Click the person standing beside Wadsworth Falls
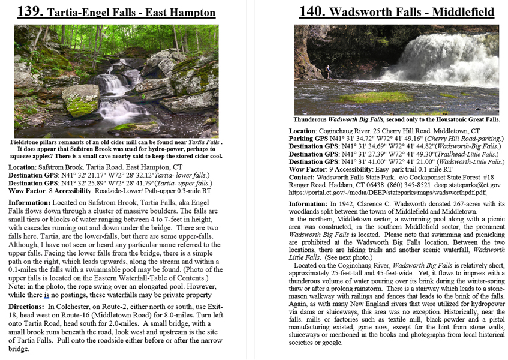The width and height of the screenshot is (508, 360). [328, 73]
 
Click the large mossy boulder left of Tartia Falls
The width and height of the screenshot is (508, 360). [80, 99]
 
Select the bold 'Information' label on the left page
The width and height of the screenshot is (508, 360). [34, 202]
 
